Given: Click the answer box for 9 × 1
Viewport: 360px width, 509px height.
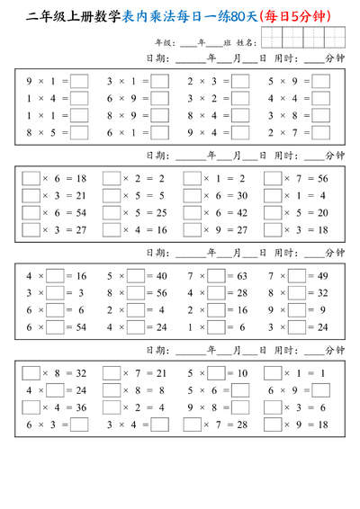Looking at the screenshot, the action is tap(79, 81).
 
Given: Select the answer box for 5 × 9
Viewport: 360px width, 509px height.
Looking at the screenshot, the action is tap(321, 81).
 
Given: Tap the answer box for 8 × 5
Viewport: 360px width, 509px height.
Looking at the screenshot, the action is tap(79, 133).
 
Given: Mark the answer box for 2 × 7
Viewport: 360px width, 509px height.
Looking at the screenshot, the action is tap(321, 133).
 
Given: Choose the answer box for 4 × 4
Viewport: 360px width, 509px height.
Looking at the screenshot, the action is tap(321, 99).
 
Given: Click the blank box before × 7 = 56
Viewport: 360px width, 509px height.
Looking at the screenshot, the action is tap(273, 179).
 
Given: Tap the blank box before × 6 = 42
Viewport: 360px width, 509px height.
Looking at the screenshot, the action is tap(192, 213).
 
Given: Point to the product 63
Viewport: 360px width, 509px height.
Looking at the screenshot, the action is tap(241, 276).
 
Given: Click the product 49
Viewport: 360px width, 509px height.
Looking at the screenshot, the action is tap(321, 276).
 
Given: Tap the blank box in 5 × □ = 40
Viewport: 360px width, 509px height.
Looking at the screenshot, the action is tap(136, 276).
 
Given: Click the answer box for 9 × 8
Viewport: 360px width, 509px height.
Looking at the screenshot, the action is tap(240, 407).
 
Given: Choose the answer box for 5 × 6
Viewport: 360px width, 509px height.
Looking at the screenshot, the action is tap(240, 390).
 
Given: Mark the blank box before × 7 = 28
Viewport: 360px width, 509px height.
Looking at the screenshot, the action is tap(192, 424).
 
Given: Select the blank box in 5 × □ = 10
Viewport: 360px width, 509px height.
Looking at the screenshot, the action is tap(216, 373).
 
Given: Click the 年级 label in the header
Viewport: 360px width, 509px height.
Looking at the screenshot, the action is tap(164, 41).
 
